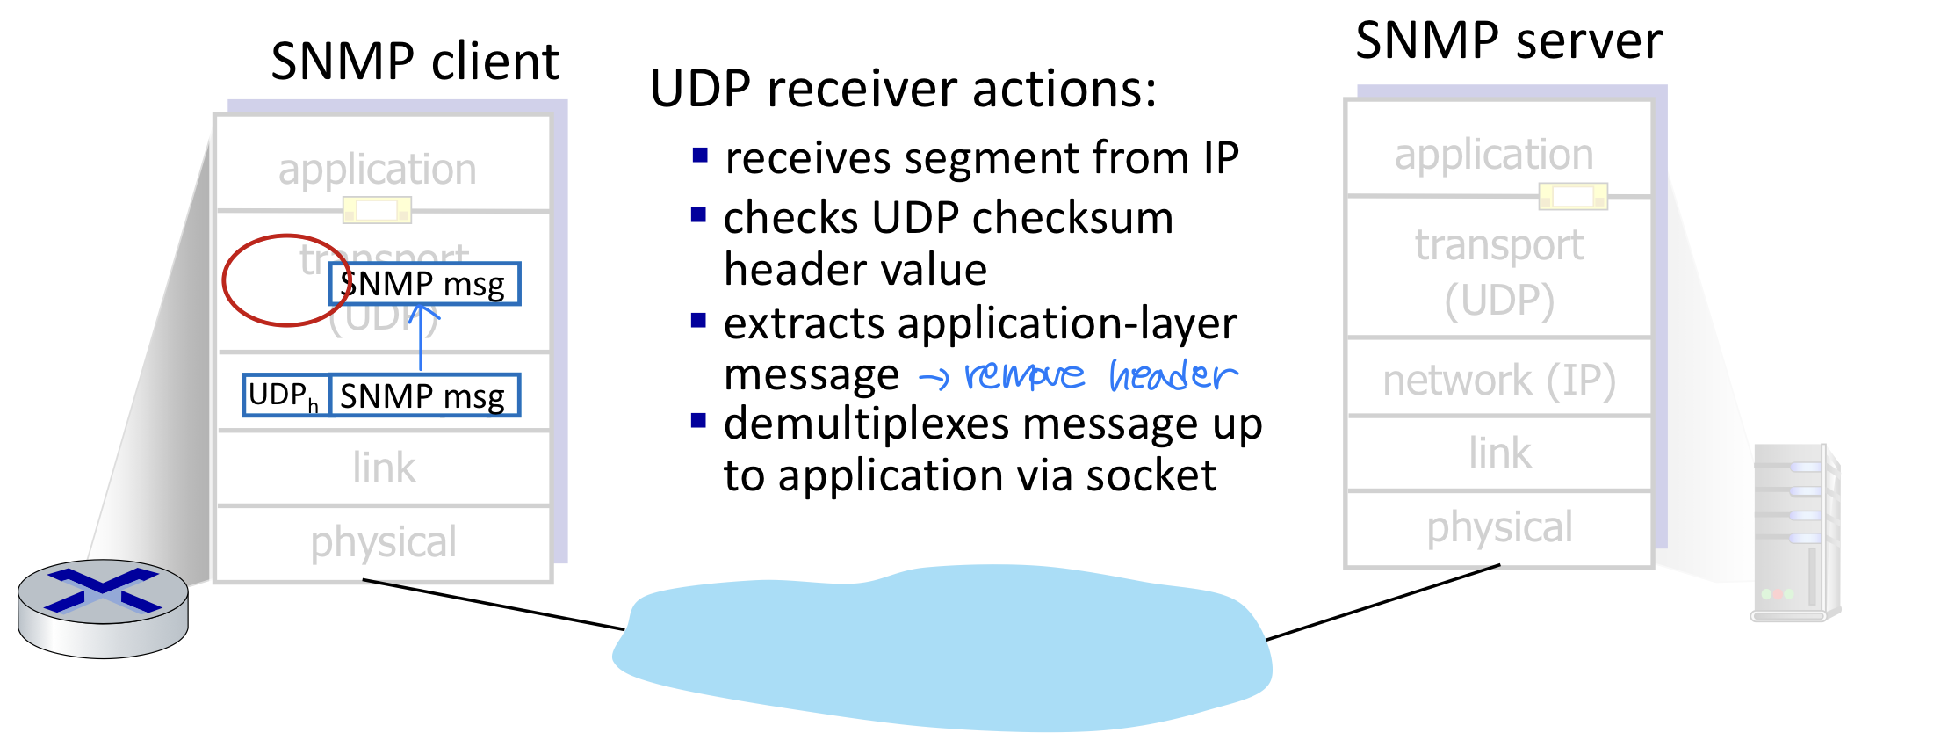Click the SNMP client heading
[x=415, y=62]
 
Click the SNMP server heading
[x=1508, y=40]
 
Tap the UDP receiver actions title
[x=904, y=90]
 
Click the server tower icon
[x=1794, y=533]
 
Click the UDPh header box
[x=285, y=395]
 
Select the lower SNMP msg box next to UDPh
[x=424, y=395]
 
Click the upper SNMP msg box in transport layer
[x=424, y=284]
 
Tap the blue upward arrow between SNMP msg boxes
[x=422, y=338]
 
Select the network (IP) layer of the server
[x=1498, y=380]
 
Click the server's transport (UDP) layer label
[x=1498, y=272]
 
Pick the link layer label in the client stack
[x=384, y=468]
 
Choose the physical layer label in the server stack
[x=1498, y=527]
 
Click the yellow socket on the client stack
[x=377, y=211]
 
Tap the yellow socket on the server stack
[x=1573, y=197]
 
